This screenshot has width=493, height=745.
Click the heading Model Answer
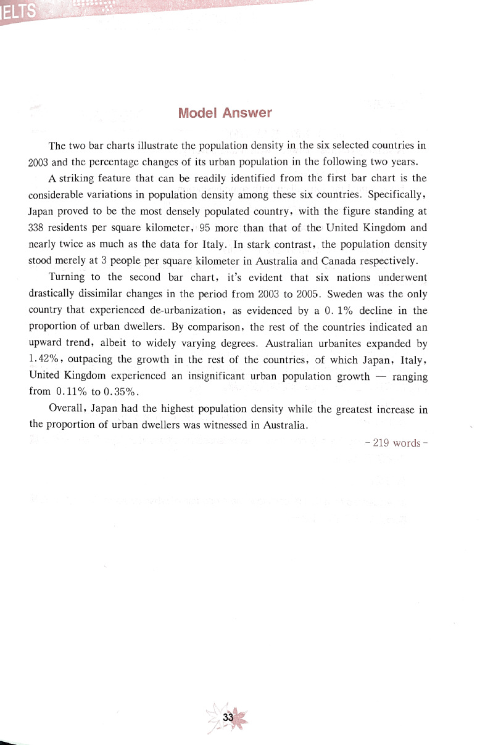225,113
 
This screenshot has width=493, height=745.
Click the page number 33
228,718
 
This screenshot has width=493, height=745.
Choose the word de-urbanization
186,310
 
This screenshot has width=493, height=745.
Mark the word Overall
67,408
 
